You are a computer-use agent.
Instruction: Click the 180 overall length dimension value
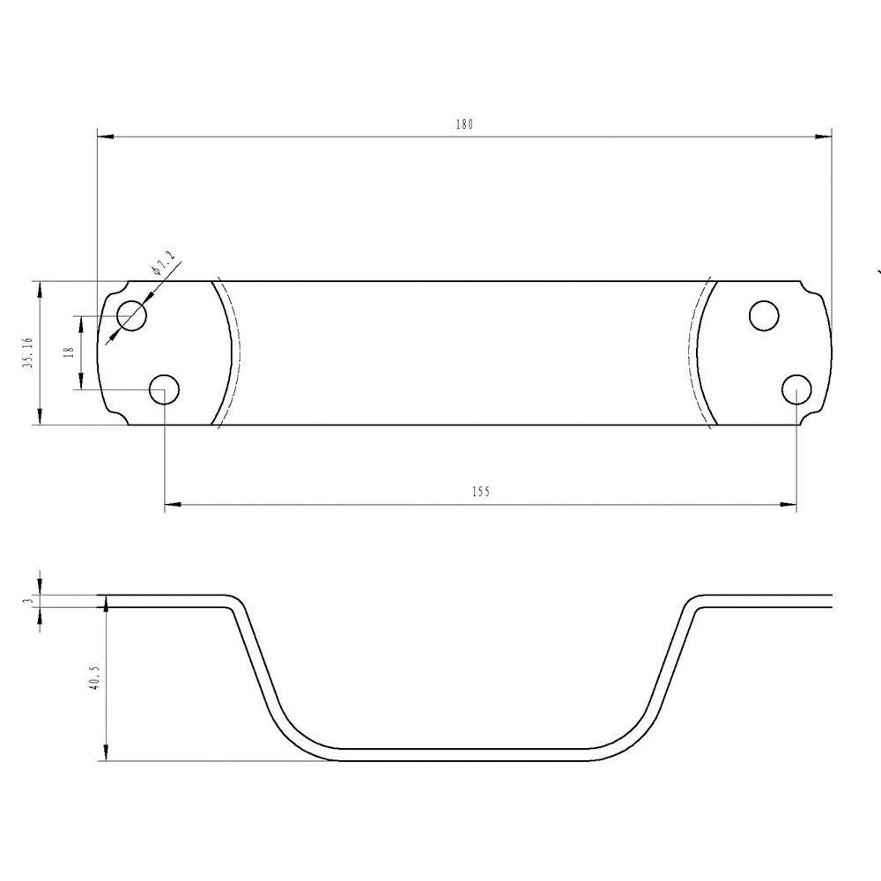coord(464,125)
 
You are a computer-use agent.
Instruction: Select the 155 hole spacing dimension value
coord(480,492)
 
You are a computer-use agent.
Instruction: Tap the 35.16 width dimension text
coord(29,353)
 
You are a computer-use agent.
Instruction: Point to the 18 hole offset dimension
coord(69,352)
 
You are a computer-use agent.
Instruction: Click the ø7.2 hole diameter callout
coord(164,263)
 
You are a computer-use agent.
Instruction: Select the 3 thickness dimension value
coord(29,601)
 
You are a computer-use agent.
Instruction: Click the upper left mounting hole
coord(132,315)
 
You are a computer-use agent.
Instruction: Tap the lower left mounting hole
coord(165,389)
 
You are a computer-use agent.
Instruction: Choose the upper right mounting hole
coord(764,315)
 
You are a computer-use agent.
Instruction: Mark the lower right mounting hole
coord(796,389)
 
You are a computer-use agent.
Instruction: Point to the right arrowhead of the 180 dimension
coord(824,136)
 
